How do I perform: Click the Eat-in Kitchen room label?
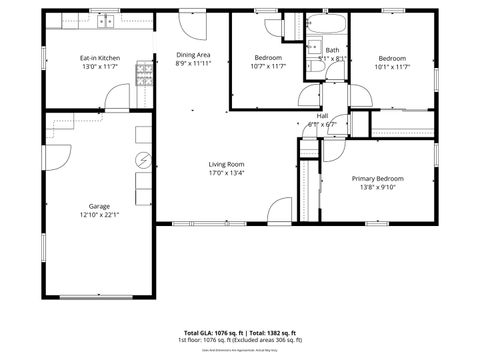(100, 58)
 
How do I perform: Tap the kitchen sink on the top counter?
(99, 19)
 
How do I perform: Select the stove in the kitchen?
(144, 71)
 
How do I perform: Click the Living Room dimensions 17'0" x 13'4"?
(227, 173)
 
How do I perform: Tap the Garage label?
(98, 206)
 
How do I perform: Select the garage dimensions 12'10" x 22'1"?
(98, 216)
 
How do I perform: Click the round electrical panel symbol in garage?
(142, 159)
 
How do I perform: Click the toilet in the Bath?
(313, 45)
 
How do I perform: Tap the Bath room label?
(331, 50)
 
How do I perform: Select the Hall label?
(322, 116)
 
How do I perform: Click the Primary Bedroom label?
(378, 179)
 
